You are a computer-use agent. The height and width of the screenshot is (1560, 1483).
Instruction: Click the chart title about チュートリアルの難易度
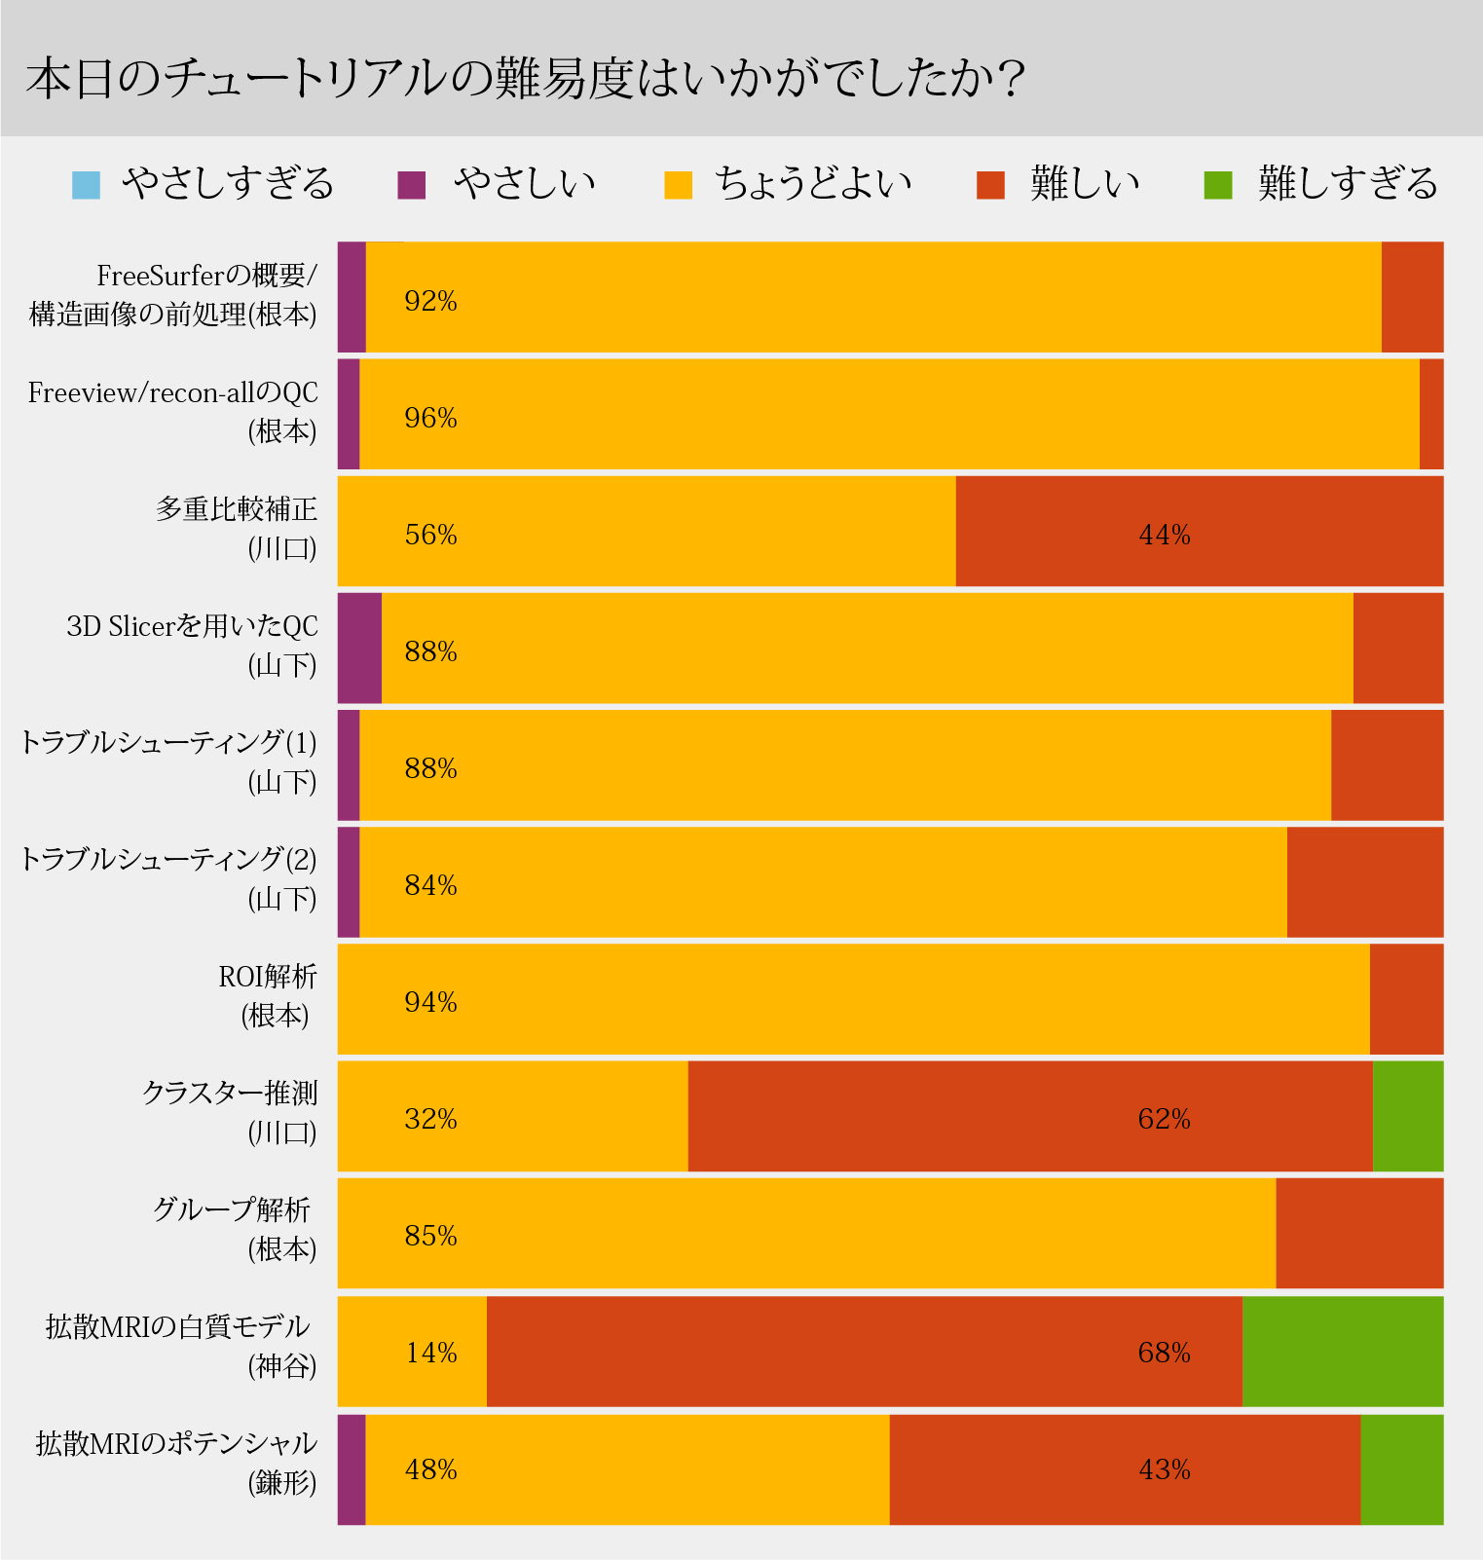click(x=526, y=78)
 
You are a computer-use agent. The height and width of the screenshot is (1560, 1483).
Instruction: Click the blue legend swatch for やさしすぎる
click(x=86, y=184)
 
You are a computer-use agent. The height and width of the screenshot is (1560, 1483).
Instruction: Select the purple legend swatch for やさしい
click(x=412, y=184)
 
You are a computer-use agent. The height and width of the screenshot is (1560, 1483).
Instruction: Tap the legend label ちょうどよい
click(x=813, y=183)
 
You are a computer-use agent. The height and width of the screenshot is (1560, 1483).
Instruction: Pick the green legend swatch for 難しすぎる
click(x=1218, y=184)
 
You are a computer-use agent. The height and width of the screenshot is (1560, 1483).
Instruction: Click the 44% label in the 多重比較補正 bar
click(x=1165, y=535)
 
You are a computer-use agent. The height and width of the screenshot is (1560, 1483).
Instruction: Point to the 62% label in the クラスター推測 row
click(x=1165, y=1119)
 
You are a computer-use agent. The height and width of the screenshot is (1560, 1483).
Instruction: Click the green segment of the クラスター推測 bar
click(x=1408, y=1116)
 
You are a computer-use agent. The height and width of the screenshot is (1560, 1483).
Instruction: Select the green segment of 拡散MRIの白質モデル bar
click(x=1343, y=1351)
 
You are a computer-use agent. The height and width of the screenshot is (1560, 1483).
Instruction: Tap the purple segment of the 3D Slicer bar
click(x=359, y=648)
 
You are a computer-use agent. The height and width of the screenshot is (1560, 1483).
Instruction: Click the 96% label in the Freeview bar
click(x=430, y=418)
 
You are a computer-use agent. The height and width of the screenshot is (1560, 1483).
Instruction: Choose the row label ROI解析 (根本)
click(x=269, y=996)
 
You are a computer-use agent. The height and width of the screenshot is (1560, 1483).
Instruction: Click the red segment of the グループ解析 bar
click(x=1359, y=1233)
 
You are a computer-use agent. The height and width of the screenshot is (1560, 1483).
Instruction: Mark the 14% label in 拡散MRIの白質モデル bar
click(x=430, y=1353)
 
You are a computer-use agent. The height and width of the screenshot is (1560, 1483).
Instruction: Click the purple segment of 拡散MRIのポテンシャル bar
click(x=352, y=1468)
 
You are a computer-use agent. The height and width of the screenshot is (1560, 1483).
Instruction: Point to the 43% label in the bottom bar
click(x=1165, y=1469)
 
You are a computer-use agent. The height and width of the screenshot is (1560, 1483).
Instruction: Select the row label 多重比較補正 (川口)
click(x=237, y=529)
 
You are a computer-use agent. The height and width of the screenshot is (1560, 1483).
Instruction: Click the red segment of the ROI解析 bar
click(x=1406, y=999)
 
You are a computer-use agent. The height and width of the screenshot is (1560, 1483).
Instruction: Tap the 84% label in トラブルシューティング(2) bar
click(x=430, y=885)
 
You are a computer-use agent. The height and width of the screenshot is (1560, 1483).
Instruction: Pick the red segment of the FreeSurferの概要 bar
click(x=1412, y=297)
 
